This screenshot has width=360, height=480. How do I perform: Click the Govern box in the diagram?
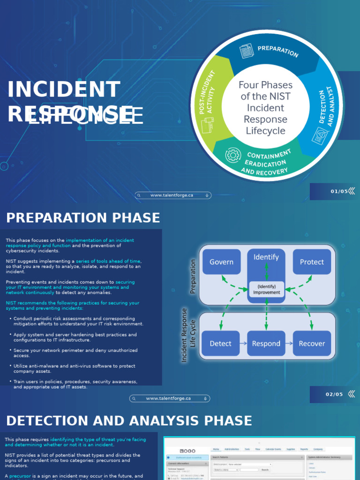[x=221, y=262]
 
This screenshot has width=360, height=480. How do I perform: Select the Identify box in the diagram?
[x=266, y=257]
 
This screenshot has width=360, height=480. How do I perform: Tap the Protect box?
[x=312, y=262]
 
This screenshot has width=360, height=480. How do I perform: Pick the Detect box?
[x=220, y=344]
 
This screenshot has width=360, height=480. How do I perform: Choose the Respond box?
[x=266, y=344]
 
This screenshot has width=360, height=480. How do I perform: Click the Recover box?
[x=312, y=344]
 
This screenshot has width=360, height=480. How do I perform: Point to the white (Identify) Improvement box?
[x=266, y=289]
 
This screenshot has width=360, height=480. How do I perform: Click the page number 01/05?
[x=339, y=191]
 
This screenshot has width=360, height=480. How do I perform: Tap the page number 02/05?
[x=334, y=394]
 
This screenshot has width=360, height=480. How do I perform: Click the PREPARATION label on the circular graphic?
[x=277, y=51]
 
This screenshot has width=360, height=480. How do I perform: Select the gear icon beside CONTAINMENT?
[x=233, y=155]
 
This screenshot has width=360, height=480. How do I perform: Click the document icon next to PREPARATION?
[x=246, y=51]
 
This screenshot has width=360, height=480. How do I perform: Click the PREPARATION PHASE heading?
[x=83, y=218]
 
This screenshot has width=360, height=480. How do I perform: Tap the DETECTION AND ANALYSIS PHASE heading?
[x=129, y=420]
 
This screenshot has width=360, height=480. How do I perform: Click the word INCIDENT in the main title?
[x=64, y=90]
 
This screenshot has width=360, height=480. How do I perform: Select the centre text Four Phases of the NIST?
[x=265, y=91]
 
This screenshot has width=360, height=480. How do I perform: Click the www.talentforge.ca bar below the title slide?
[x=172, y=195]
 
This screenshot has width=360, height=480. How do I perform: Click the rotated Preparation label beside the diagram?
[x=193, y=277]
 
